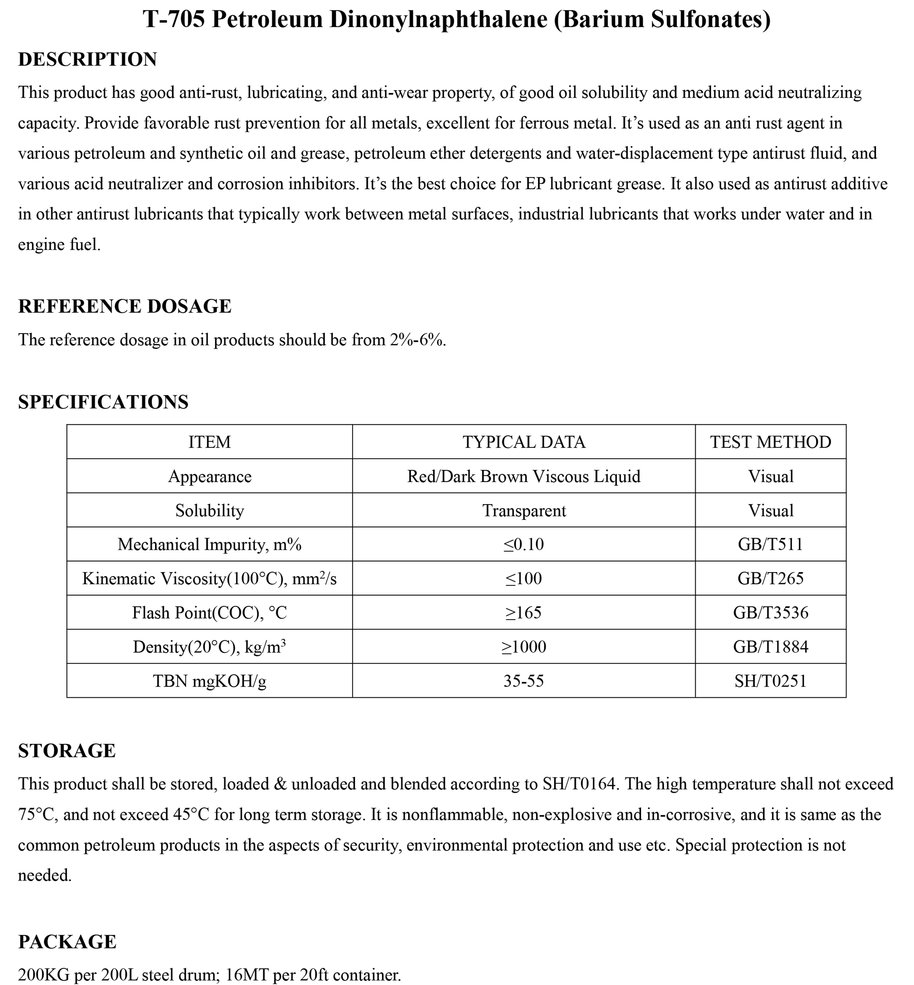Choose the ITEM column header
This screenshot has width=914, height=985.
tap(210, 442)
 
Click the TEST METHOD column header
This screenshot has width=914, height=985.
tap(771, 442)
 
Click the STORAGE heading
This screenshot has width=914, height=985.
tap(67, 751)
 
